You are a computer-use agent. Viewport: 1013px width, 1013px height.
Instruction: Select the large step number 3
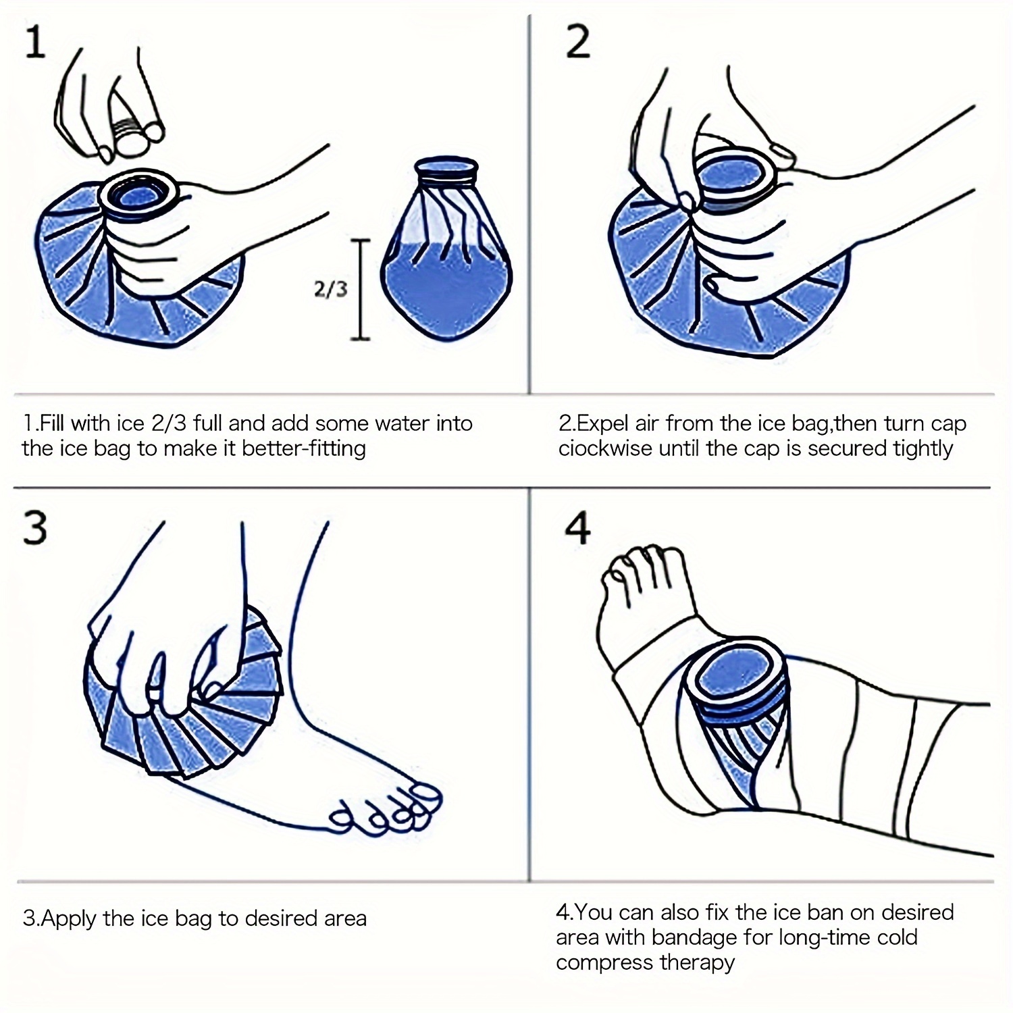(x=35, y=527)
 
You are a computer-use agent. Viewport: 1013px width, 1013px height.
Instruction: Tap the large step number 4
(x=578, y=527)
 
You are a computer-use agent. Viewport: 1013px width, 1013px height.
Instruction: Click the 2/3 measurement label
(x=330, y=288)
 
